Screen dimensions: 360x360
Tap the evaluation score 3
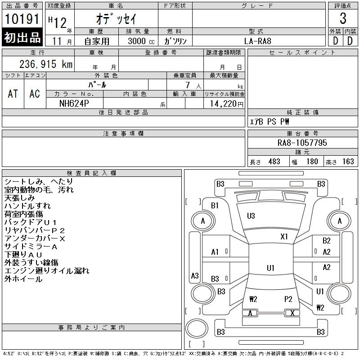pyautogui.click(x=343, y=19)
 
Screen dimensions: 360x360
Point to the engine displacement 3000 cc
pyautogui.click(x=140, y=40)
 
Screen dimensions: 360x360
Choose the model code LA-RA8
pyautogui.click(x=258, y=40)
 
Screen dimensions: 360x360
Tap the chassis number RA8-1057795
pyautogui.click(x=302, y=143)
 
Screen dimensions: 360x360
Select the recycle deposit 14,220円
pyautogui.click(x=224, y=103)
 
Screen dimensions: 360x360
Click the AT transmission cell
pyautogui.click(x=13, y=94)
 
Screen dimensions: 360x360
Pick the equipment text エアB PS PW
pyautogui.click(x=270, y=121)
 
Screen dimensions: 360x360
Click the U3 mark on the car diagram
pyautogui.click(x=251, y=216)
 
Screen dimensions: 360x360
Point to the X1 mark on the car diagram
pyautogui.click(x=284, y=236)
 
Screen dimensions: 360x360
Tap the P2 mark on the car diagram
pyautogui.click(x=288, y=299)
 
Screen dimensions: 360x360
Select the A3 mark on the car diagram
pyautogui.click(x=195, y=276)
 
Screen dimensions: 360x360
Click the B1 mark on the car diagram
pyautogui.click(x=215, y=206)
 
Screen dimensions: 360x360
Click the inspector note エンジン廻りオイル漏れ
pyautogui.click(x=47, y=271)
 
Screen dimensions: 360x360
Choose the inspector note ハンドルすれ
pyautogui.click(x=27, y=206)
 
